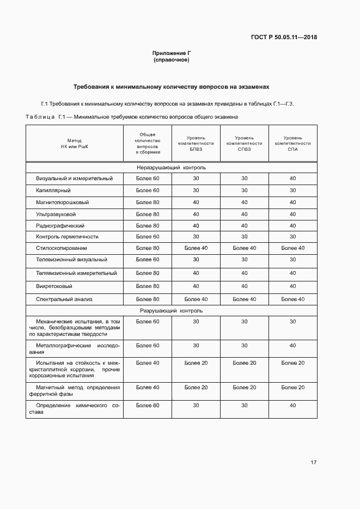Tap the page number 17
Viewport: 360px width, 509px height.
pyautogui.click(x=314, y=462)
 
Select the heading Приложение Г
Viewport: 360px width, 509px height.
pyautogui.click(x=172, y=53)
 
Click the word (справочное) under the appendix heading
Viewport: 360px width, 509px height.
pyautogui.click(x=172, y=60)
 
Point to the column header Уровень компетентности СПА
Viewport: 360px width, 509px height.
pyautogui.click(x=292, y=143)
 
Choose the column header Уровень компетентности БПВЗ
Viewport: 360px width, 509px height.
pyautogui.click(x=196, y=143)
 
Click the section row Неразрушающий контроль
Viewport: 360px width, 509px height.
pyautogui.click(x=172, y=167)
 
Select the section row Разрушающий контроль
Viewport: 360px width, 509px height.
pyautogui.click(x=172, y=311)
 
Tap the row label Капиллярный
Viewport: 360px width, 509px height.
pyautogui.click(x=53, y=191)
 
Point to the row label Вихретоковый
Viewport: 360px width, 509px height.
pyautogui.click(x=54, y=286)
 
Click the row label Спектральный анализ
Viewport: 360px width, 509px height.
pyautogui.click(x=64, y=299)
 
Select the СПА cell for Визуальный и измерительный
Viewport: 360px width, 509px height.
pyautogui.click(x=292, y=179)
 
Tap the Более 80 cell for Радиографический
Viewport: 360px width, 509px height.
pyautogui.click(x=148, y=225)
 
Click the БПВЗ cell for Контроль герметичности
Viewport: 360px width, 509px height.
pyautogui.click(x=196, y=237)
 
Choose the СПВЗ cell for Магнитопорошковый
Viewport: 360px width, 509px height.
pyautogui.click(x=244, y=202)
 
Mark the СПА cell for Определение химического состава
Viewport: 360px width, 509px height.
pyautogui.click(x=292, y=406)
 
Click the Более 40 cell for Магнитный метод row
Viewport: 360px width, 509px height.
pyautogui.click(x=148, y=387)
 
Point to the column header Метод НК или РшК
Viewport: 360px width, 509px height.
pyautogui.click(x=74, y=143)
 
